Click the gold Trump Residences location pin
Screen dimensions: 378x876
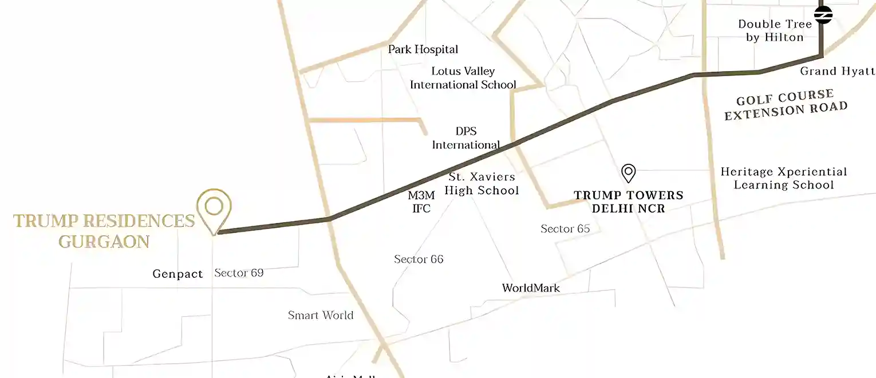click(214, 207)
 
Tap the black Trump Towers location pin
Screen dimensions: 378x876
click(629, 172)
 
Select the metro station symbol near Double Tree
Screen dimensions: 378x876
click(823, 15)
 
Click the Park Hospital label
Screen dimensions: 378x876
click(423, 49)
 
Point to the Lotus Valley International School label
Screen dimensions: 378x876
click(463, 78)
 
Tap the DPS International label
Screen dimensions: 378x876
click(466, 138)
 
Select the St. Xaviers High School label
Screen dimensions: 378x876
click(482, 184)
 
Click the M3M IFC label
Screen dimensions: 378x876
click(421, 202)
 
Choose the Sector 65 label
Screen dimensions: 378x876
click(565, 229)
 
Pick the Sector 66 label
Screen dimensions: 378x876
click(419, 259)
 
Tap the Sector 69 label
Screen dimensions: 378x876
click(239, 273)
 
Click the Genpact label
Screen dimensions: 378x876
click(177, 274)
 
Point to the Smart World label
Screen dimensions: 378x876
click(321, 315)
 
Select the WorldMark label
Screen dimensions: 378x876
click(531, 288)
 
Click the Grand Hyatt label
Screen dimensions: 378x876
click(837, 71)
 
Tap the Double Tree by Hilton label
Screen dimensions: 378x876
click(775, 30)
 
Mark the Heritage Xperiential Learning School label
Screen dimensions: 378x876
click(784, 178)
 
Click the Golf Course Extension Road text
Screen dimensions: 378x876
click(785, 105)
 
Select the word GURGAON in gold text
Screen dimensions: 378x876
click(104, 242)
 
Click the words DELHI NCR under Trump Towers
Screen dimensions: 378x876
click(629, 209)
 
